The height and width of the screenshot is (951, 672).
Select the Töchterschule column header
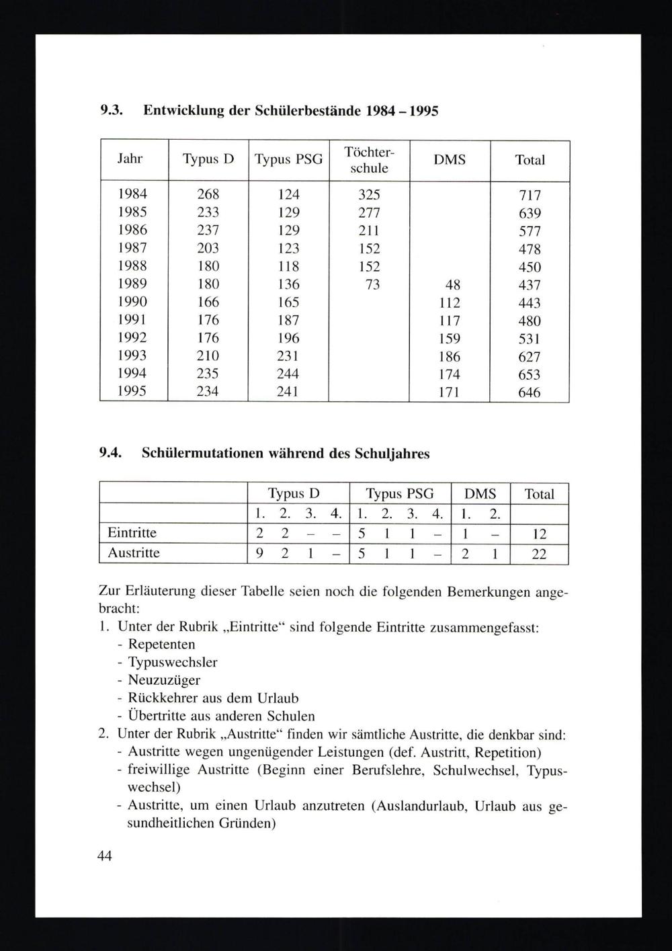click(369, 160)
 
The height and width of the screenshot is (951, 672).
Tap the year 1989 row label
click(132, 284)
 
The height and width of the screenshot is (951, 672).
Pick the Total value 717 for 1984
click(530, 196)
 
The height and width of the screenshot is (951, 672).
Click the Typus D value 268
click(208, 195)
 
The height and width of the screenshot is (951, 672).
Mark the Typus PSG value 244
click(288, 374)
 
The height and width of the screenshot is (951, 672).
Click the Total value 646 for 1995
click(530, 392)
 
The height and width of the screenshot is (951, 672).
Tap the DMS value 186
click(450, 356)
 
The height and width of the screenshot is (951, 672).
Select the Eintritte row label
click(132, 533)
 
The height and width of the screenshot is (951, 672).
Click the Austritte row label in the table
click(134, 553)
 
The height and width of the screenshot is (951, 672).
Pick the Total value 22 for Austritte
click(539, 554)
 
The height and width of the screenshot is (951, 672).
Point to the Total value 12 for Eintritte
click(539, 534)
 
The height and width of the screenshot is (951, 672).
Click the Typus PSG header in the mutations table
click(400, 494)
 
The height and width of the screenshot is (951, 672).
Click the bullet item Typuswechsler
click(173, 662)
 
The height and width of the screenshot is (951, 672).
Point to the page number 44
click(105, 856)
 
